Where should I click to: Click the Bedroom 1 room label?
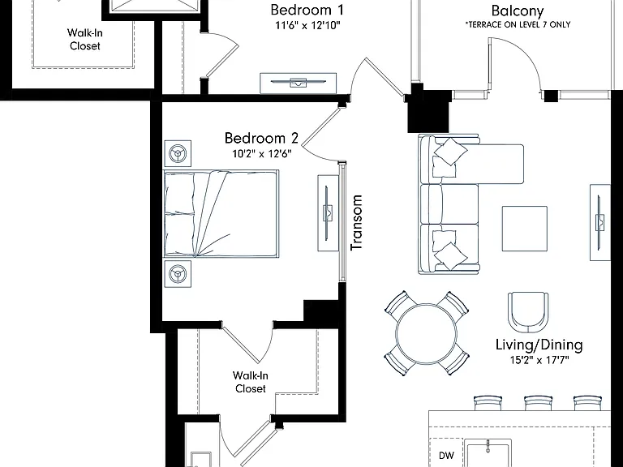pyautogui.click(x=307, y=10)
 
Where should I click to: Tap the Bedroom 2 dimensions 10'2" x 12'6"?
pyautogui.click(x=262, y=153)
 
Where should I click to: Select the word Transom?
pyautogui.click(x=356, y=222)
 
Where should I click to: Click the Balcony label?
pyautogui.click(x=518, y=11)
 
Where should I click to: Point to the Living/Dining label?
pyautogui.click(x=539, y=345)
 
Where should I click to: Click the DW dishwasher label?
pyautogui.click(x=446, y=456)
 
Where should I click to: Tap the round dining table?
pyautogui.click(x=427, y=333)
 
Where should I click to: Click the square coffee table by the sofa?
pyautogui.click(x=525, y=229)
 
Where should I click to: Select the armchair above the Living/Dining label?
pyautogui.click(x=528, y=313)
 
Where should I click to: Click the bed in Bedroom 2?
pyautogui.click(x=221, y=214)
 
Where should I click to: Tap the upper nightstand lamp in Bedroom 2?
pyautogui.click(x=178, y=153)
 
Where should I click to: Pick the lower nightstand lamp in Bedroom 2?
pyautogui.click(x=178, y=273)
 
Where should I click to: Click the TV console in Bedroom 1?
pyautogui.click(x=299, y=83)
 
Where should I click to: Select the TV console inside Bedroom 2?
pyautogui.click(x=328, y=213)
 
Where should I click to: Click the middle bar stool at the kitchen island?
pyautogui.click(x=539, y=403)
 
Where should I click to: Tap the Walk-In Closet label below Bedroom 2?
pyautogui.click(x=251, y=382)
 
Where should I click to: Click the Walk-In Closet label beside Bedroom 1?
pyautogui.click(x=84, y=39)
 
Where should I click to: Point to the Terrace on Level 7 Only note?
pyautogui.click(x=518, y=24)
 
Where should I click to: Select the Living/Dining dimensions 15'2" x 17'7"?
pyautogui.click(x=539, y=360)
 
